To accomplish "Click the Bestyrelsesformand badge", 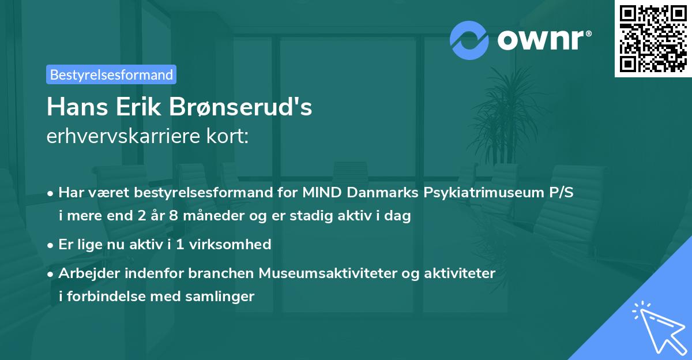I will point(111,74).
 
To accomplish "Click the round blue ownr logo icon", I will point(470,40).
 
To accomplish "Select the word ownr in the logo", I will point(544,40).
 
